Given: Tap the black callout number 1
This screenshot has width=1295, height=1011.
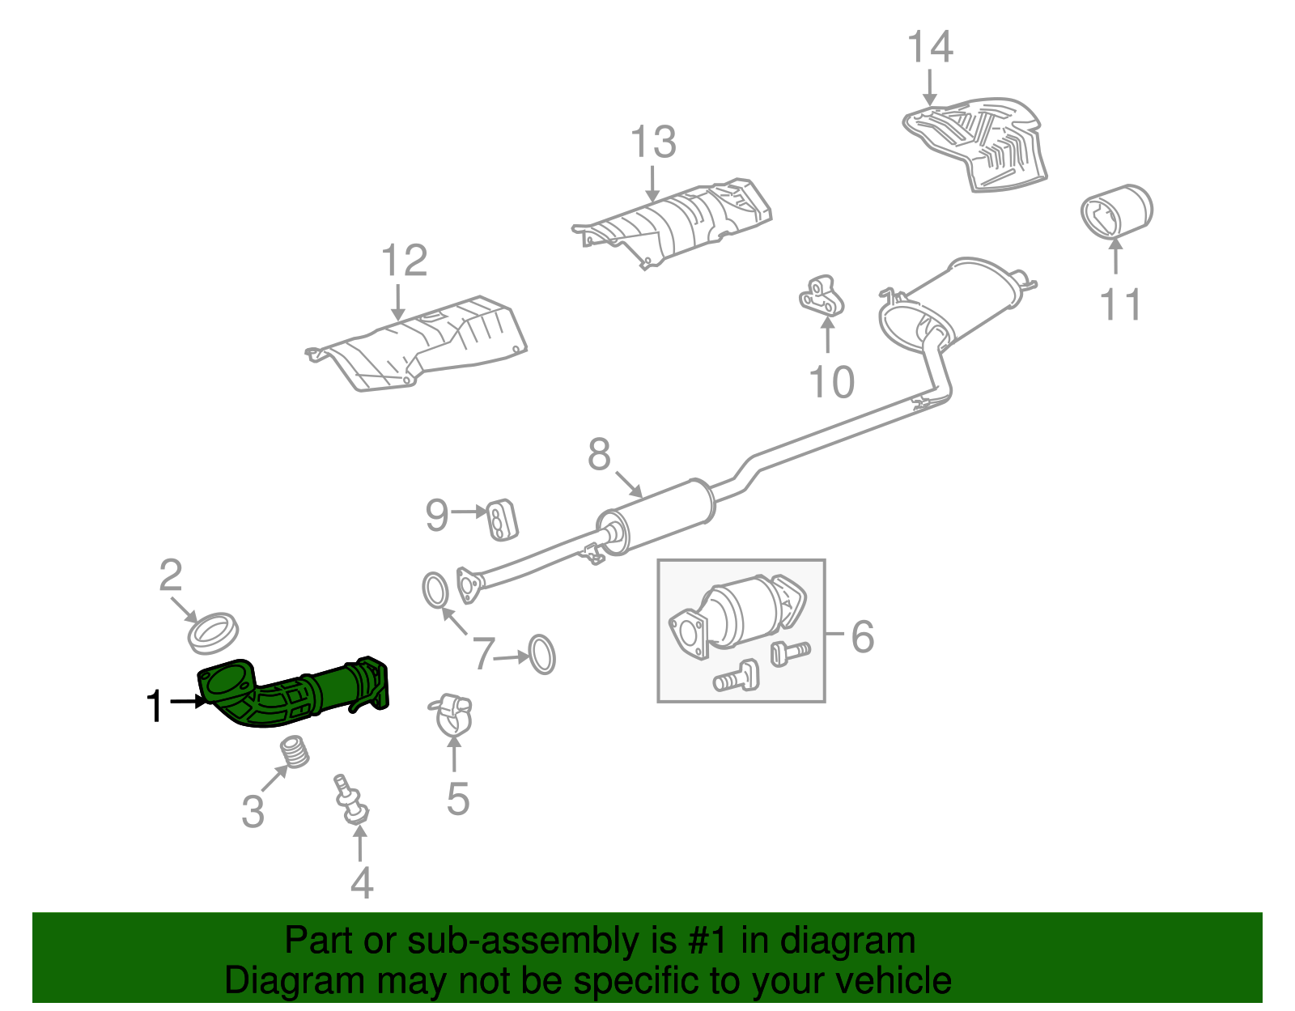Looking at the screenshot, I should coord(155,706).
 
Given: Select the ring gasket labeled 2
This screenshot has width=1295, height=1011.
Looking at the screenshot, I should coord(214,633).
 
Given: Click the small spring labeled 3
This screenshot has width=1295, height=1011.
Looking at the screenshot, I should coord(296,752).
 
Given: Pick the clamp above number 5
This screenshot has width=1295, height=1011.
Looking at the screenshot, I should coord(450,712).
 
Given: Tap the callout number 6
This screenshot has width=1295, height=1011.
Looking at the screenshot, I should coord(863,636).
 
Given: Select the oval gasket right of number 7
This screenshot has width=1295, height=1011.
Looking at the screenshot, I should coord(541,654).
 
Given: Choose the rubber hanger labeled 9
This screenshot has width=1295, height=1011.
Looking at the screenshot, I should coord(502,519).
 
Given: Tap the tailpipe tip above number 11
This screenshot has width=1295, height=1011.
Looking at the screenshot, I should coord(1117,210).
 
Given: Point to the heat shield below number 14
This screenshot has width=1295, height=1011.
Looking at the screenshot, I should coord(979,142).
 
